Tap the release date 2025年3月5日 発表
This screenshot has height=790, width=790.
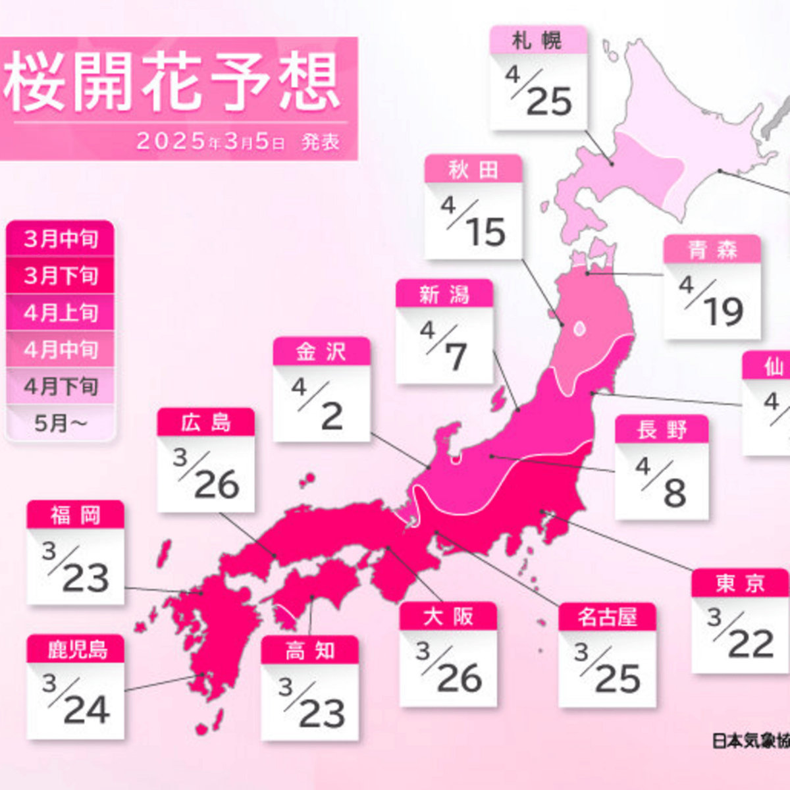(238, 142)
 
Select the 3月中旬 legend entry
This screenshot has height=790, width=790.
(61, 239)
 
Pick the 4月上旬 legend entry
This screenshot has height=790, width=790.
(61, 313)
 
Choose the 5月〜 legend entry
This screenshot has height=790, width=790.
(61, 424)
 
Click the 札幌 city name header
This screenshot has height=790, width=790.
(538, 41)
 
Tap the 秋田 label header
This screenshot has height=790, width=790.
(473, 170)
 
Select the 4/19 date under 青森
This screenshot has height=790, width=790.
(712, 302)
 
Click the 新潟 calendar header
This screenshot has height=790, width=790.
(444, 294)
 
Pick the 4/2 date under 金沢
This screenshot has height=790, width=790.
(321, 405)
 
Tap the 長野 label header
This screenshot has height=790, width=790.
(662, 430)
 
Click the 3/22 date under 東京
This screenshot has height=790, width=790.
(740, 635)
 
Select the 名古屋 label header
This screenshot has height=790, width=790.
(607, 618)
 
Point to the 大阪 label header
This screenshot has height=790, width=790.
(448, 617)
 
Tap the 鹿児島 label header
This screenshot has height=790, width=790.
(76, 649)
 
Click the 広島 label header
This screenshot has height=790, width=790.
(205, 423)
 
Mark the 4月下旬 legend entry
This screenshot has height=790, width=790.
(61, 386)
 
